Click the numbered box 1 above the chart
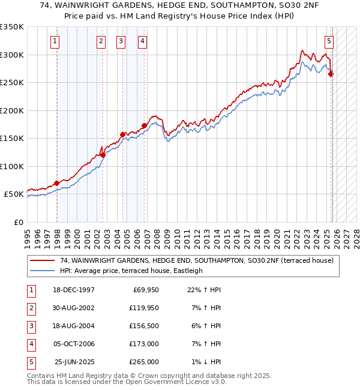coord(55,41)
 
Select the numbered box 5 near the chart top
coord(329,41)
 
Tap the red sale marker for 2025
coord(331,74)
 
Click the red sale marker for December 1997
coord(57,183)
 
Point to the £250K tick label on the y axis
coord(12,83)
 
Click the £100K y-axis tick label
coord(12,166)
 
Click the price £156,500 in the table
coord(144,326)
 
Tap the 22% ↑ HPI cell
coord(200,290)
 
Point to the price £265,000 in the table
coord(144,362)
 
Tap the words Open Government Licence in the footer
coord(168,382)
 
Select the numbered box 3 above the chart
coord(121,41)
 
